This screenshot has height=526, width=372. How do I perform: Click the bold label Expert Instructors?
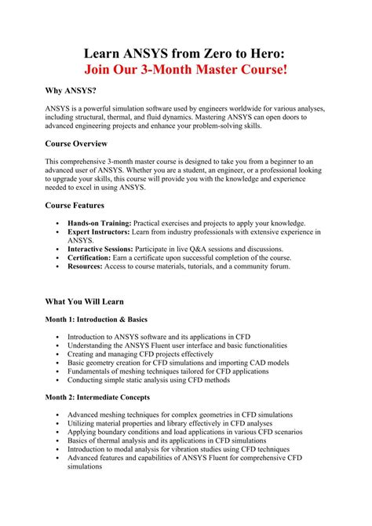(x=98, y=232)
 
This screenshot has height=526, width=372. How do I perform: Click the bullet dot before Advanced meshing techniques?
(x=58, y=415)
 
